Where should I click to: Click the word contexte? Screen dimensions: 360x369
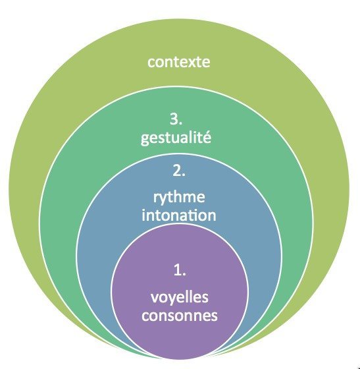pos(179,62)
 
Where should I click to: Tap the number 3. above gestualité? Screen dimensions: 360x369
pos(176,119)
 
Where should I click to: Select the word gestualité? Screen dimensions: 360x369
pos(176,137)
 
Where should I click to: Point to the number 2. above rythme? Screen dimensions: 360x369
pos(179,171)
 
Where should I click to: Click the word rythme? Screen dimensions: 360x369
pos(179,198)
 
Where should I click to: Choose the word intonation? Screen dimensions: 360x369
pos(179,215)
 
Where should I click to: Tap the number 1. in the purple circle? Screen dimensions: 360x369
pos(180,270)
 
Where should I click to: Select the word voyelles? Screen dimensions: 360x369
pos(180,297)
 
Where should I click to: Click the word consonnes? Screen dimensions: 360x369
pos(180,316)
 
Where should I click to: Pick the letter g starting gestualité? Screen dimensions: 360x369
pos(145,139)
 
